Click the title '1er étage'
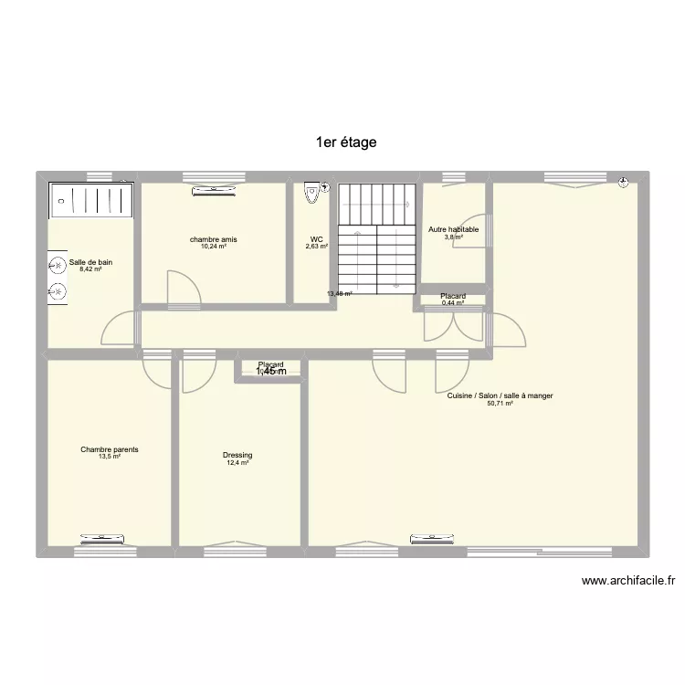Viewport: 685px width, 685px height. tap(345, 142)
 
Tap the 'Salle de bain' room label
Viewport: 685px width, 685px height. tap(90, 262)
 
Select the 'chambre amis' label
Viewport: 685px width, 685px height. tap(214, 239)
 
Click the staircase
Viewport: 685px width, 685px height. tap(376, 237)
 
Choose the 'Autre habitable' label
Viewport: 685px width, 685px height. tap(453, 230)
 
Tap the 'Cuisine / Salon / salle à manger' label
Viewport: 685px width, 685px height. tap(500, 395)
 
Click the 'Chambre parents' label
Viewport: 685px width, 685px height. tap(110, 449)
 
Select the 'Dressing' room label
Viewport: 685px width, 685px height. tap(237, 455)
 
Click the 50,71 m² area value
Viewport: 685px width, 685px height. tap(500, 403)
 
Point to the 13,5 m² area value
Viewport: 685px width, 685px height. tap(110, 457)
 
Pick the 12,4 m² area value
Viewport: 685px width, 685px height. tap(237, 463)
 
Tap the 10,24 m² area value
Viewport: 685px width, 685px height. tap(214, 247)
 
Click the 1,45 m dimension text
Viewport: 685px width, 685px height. tap(270, 372)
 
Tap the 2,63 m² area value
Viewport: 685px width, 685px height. tap(317, 247)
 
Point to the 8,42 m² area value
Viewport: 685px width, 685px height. tap(90, 269)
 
